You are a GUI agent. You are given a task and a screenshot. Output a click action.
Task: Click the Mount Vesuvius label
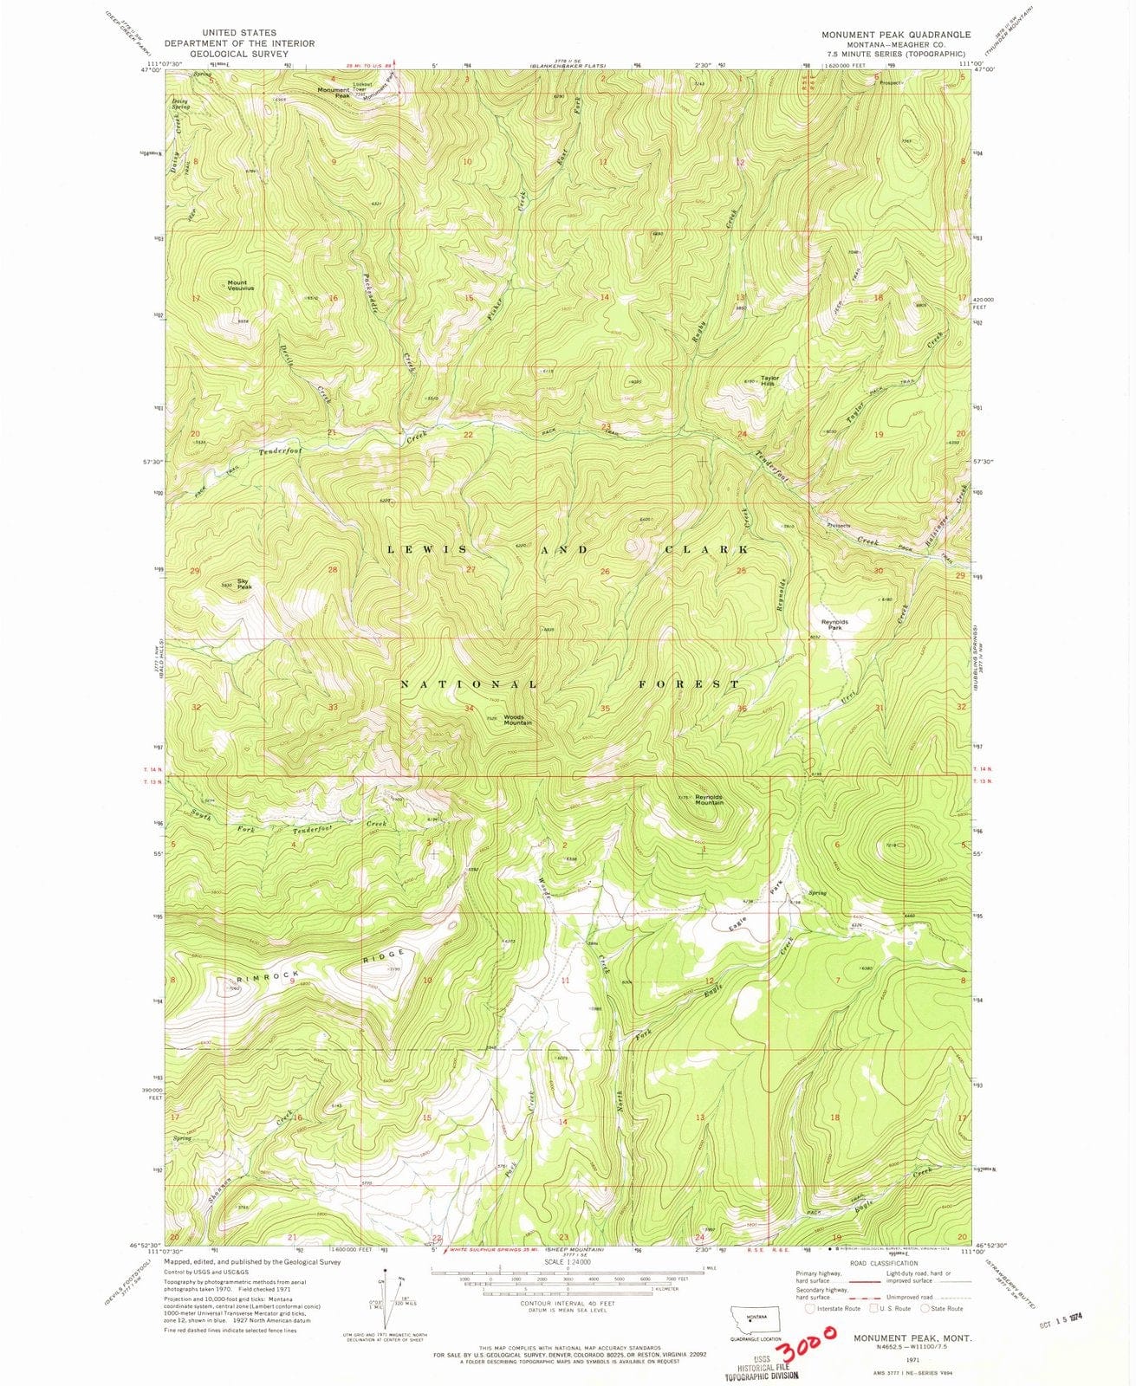[237, 285]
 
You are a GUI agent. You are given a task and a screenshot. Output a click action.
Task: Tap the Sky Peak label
[245, 585]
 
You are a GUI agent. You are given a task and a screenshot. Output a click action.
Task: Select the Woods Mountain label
[517, 719]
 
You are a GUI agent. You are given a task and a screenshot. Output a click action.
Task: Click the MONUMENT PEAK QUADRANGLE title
[897, 34]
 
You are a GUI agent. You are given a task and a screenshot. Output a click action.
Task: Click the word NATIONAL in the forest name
[468, 684]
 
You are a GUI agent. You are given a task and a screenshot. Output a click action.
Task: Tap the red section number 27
[471, 570]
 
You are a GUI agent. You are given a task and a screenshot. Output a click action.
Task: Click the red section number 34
[469, 709]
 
